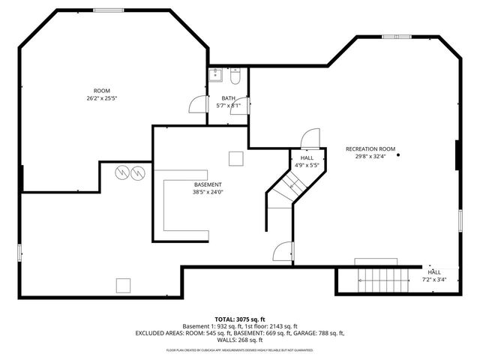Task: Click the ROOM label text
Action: pyautogui.click(x=101, y=90)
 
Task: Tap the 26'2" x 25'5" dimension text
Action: pyautogui.click(x=101, y=97)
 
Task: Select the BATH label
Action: pyautogui.click(x=229, y=98)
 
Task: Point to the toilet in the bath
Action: pyautogui.click(x=235, y=76)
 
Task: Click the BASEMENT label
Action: pyautogui.click(x=208, y=184)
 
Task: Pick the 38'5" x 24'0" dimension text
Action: pyautogui.click(x=208, y=192)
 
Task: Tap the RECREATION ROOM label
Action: pyautogui.click(x=370, y=149)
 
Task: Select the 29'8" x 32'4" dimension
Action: pyautogui.click(x=370, y=157)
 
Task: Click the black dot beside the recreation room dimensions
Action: pyautogui.click(x=398, y=155)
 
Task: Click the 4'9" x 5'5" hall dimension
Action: pyautogui.click(x=307, y=165)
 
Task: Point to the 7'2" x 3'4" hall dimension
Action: pyautogui.click(x=434, y=279)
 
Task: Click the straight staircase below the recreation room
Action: pyautogui.click(x=378, y=280)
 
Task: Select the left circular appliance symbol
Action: pyautogui.click(x=121, y=173)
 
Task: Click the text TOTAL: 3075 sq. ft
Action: pyautogui.click(x=240, y=319)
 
